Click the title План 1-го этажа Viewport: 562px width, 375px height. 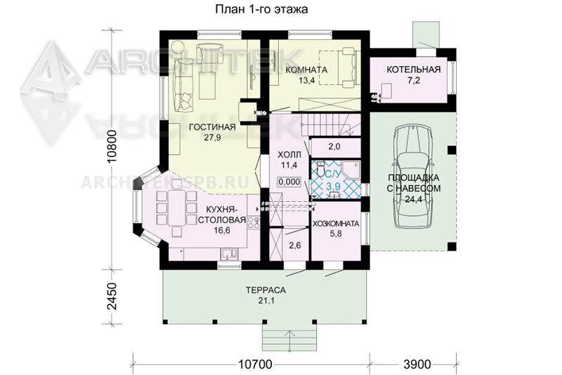tap(261, 9)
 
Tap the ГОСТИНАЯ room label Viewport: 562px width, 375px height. tap(212, 127)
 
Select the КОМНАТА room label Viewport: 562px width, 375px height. tap(306, 70)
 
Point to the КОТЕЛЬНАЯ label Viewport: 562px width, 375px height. tap(413, 69)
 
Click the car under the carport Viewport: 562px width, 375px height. tap(412, 176)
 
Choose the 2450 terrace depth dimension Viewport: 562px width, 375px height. tap(112, 296)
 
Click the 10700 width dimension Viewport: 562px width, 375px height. tap(255, 364)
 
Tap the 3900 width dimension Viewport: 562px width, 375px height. tap(417, 364)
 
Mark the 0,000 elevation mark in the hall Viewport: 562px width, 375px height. tap(289, 182)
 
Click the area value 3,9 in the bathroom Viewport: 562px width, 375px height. tap(333, 186)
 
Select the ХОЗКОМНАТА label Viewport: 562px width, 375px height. tap(336, 224)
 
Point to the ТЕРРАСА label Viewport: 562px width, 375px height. tap(266, 290)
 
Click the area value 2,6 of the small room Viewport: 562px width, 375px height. tap(294, 246)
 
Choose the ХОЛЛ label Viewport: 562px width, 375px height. tap(289, 155)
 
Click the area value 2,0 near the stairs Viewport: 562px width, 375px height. tap(334, 146)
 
